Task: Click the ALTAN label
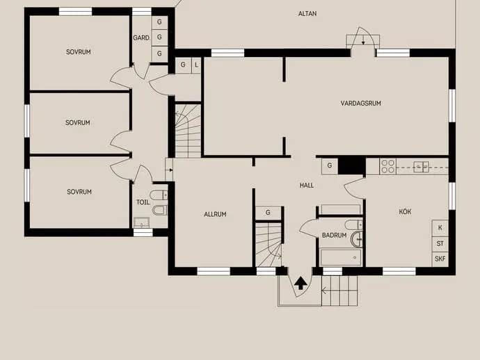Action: tap(307, 13)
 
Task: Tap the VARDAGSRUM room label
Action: tap(360, 104)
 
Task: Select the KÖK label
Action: tap(405, 211)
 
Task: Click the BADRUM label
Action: tap(335, 235)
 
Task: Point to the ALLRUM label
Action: tap(215, 214)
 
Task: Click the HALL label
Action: tap(306, 185)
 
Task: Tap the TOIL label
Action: tap(143, 202)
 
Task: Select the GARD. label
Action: tap(141, 38)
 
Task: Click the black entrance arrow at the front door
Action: tap(301, 283)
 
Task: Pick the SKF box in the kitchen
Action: tap(440, 259)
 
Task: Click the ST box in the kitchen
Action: tap(440, 244)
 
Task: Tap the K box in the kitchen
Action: tap(440, 228)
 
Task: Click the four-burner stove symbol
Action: tap(388, 166)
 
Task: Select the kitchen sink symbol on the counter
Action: tap(421, 167)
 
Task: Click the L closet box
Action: tap(196, 65)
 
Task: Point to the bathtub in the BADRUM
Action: tap(341, 258)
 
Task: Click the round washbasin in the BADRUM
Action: tap(357, 239)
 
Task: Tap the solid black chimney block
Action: tap(352, 166)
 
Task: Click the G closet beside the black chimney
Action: tap(330, 166)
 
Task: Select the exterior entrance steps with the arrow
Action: tap(339, 291)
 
